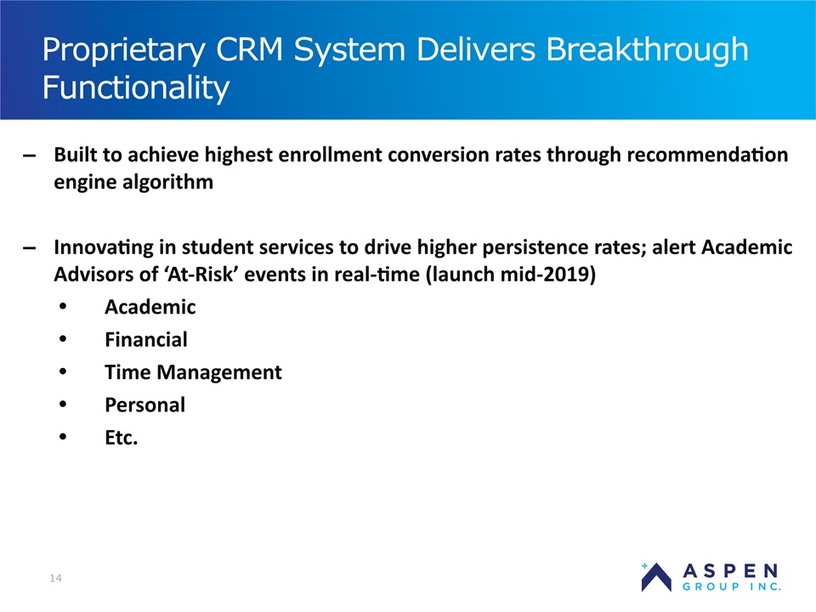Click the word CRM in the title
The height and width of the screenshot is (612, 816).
(249, 50)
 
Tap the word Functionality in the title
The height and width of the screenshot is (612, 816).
(136, 88)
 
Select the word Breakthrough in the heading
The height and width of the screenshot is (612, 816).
(647, 49)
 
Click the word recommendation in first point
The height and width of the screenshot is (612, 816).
(707, 155)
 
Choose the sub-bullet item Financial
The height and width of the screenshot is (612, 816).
(146, 340)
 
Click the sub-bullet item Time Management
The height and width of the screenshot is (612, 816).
(193, 372)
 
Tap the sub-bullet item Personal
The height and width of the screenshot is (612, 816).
(145, 405)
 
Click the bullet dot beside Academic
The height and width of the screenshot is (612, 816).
(63, 307)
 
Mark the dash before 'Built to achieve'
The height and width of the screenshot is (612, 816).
(30, 156)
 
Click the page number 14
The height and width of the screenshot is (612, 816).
(56, 578)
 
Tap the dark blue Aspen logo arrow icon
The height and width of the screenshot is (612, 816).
(656, 577)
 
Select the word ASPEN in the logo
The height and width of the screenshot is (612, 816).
(731, 571)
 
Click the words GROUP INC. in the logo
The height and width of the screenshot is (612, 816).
(732, 587)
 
